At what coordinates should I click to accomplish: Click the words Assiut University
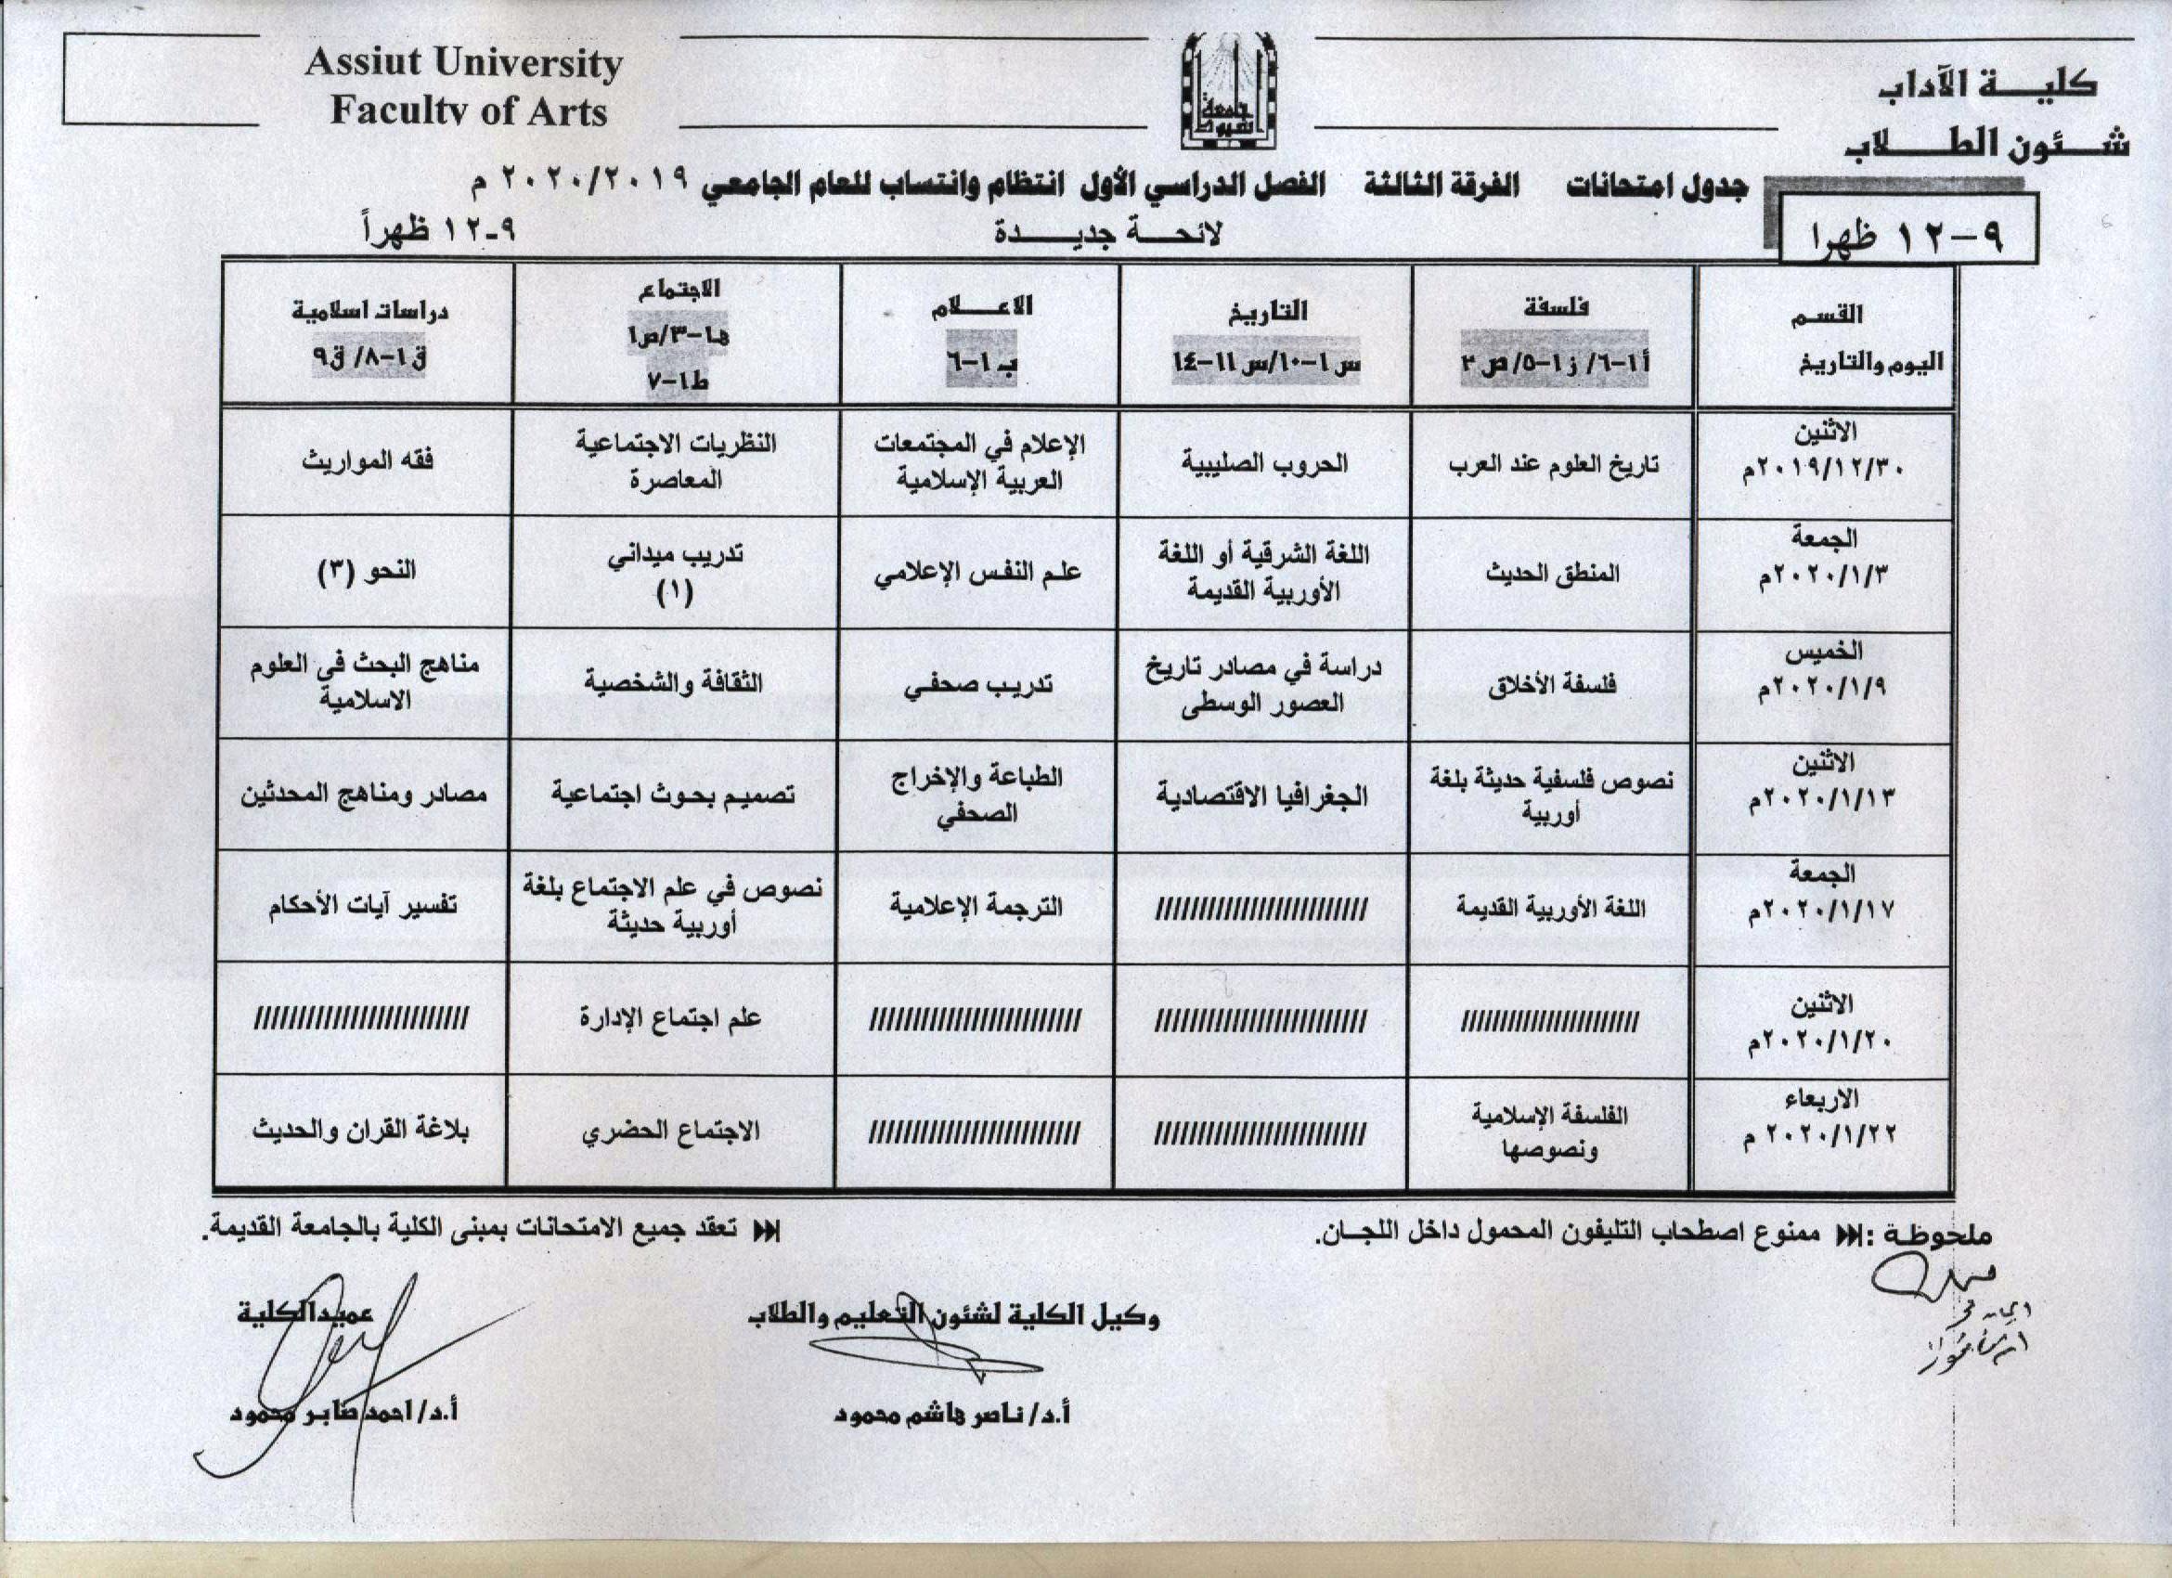point(463,63)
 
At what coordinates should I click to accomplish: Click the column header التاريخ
point(1266,312)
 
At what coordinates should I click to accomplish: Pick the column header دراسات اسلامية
point(369,311)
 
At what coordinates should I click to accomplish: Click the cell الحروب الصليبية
point(1264,463)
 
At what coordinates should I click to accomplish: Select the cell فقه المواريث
point(368,460)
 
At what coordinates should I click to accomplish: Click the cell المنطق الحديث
point(1551,573)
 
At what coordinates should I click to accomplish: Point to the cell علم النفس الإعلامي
point(976,573)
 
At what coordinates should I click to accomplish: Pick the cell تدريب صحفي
point(976,684)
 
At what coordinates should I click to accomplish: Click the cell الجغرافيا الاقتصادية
point(1262,795)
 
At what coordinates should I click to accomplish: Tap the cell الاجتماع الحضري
point(670,1132)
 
